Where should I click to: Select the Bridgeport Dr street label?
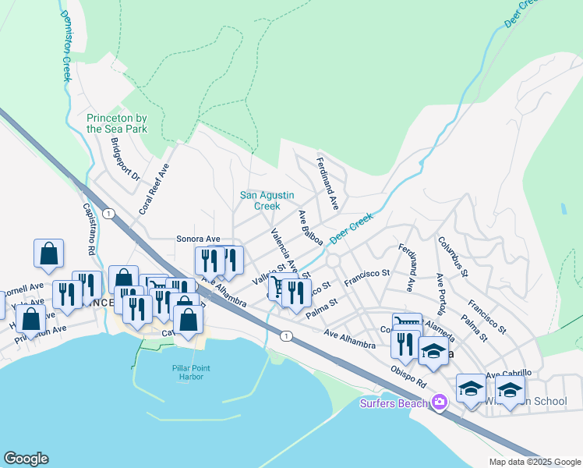(124, 160)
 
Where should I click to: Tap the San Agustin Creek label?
(260, 200)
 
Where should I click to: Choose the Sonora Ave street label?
(198, 239)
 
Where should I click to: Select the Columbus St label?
(452, 257)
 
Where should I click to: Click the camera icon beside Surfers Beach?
(440, 402)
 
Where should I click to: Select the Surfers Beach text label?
(394, 403)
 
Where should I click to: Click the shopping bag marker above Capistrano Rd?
(48, 253)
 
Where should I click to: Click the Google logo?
(26, 459)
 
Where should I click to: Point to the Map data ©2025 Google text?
(534, 462)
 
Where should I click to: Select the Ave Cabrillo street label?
(508, 374)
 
